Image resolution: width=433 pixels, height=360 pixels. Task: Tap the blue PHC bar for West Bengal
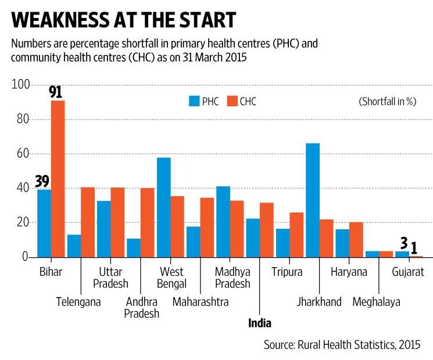coord(163,207)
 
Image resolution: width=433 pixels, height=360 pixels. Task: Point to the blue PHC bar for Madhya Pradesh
coord(223,221)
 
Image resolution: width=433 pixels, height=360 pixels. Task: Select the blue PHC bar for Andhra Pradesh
coord(134,247)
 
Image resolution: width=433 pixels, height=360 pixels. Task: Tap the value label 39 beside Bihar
coord(41,182)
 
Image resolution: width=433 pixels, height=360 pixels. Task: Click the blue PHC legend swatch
coord(194,101)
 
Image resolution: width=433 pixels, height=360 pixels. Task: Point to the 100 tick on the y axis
coord(20,85)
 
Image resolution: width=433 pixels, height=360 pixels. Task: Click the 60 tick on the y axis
coord(22,154)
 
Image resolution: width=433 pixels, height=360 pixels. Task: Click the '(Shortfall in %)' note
coord(387,101)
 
